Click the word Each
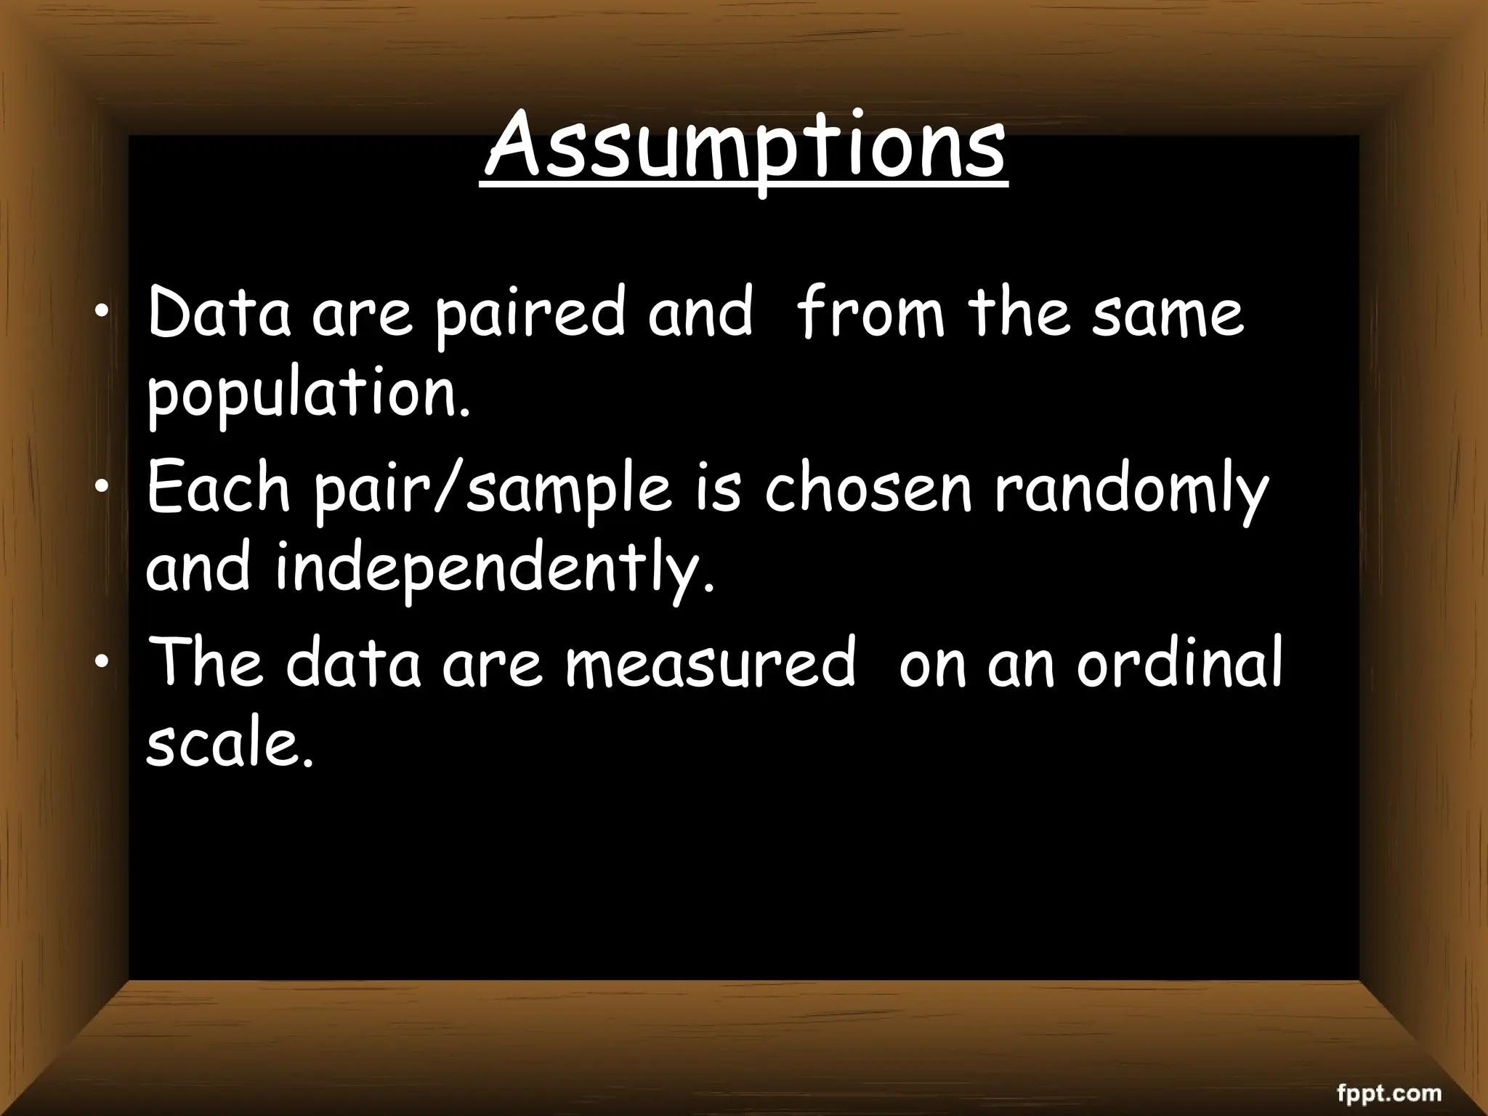coord(219,488)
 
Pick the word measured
coord(710,663)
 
